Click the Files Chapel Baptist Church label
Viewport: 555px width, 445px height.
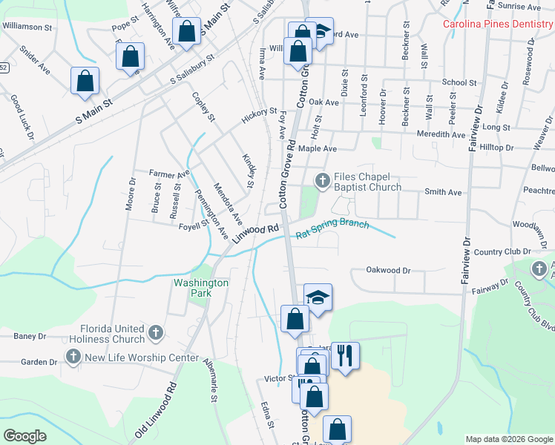click(367, 182)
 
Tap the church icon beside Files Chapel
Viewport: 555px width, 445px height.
click(323, 180)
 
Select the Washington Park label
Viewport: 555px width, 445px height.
click(201, 288)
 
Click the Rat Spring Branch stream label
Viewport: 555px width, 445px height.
click(332, 229)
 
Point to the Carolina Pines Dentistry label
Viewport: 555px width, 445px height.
click(498, 24)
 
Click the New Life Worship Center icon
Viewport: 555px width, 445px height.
click(73, 357)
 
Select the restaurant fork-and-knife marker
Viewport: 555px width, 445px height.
click(345, 355)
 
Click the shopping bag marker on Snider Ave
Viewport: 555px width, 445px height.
click(85, 81)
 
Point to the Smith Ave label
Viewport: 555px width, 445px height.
click(443, 192)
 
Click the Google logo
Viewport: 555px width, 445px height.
click(25, 436)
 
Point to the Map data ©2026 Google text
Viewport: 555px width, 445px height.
click(509, 439)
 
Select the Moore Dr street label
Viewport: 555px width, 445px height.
click(131, 194)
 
